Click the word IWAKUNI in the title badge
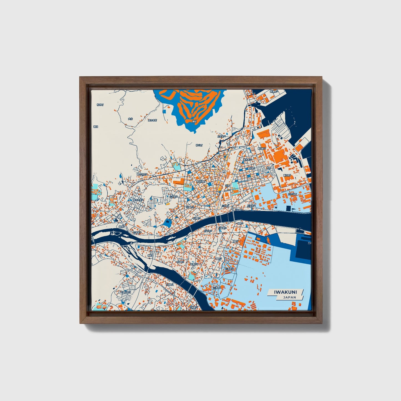285,292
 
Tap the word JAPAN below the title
289,297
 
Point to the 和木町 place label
100,105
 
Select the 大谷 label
130,119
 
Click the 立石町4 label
221,137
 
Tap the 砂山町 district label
199,145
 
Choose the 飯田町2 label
261,149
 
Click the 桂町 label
269,168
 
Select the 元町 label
228,185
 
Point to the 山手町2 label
173,197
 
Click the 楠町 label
150,255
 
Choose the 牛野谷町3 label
125,292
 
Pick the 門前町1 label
169,284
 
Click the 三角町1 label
229,269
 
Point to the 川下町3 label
222,228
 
